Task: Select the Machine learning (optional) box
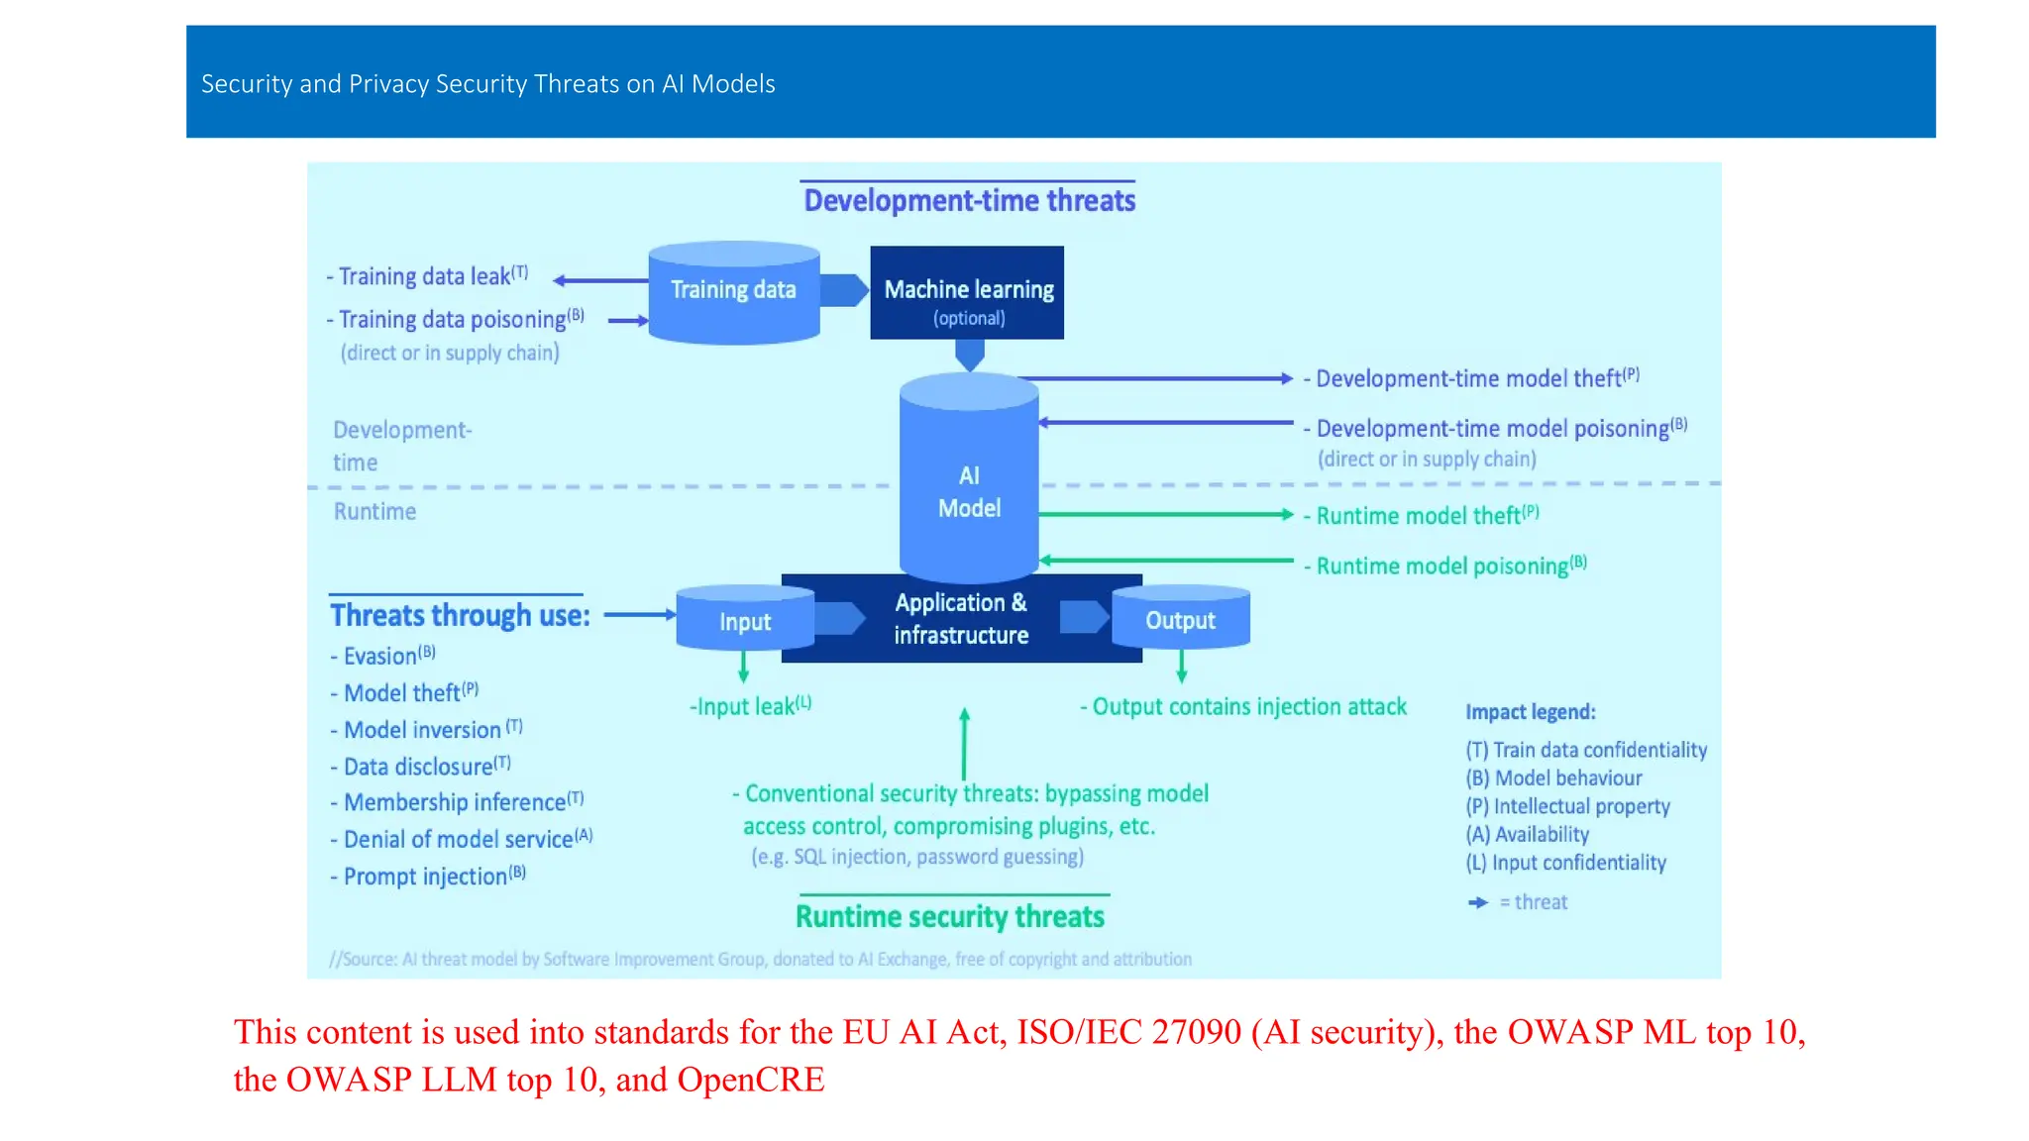(967, 293)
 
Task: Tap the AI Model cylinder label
(969, 492)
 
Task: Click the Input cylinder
(744, 621)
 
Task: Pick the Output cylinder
(1180, 620)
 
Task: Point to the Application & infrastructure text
(961, 619)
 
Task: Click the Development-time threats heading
(969, 201)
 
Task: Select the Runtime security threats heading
(949, 917)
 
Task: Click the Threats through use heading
(460, 615)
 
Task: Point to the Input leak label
(750, 706)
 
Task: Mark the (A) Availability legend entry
(1528, 835)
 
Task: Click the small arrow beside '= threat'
(1478, 902)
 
